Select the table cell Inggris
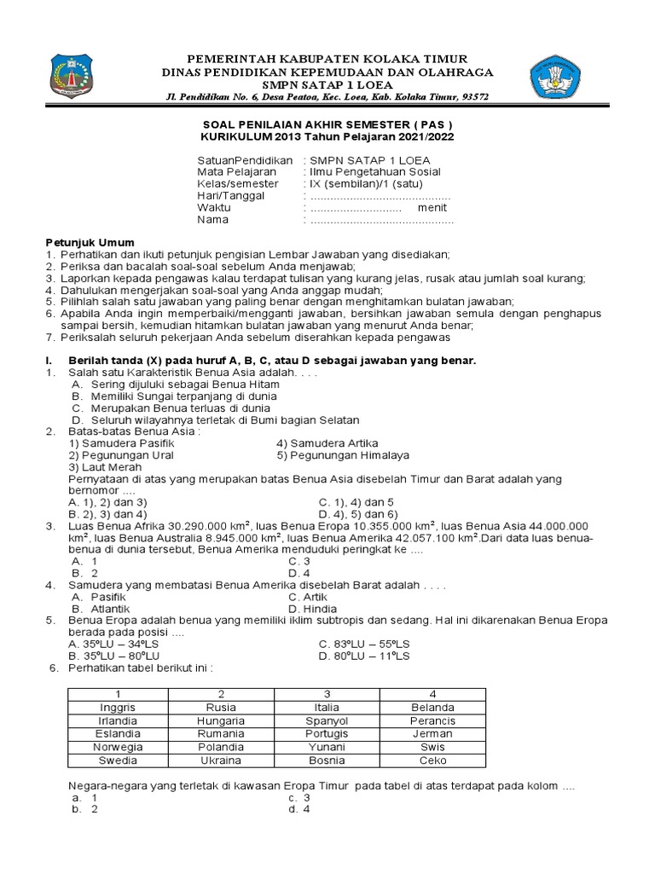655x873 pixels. [118, 707]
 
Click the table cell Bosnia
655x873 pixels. [327, 760]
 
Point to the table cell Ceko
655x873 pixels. [432, 760]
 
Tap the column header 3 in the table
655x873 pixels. [327, 693]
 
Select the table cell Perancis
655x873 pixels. [432, 720]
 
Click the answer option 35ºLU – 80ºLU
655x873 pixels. [115, 656]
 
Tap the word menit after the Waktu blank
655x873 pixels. [432, 207]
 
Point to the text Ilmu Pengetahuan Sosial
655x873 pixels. [369, 171]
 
